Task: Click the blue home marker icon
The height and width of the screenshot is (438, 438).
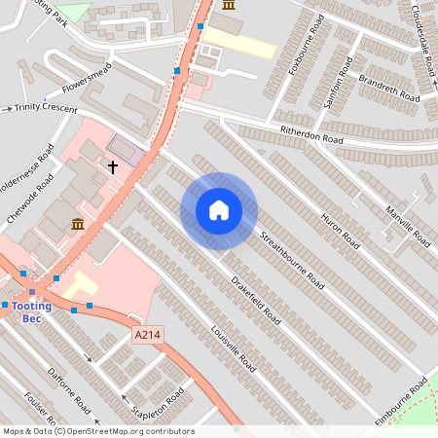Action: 218,210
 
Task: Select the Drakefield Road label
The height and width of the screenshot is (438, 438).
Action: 257,301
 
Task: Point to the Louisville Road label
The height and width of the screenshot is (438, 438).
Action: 234,348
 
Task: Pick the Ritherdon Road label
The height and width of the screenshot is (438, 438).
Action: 311,137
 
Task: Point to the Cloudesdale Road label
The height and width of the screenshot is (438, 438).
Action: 422,40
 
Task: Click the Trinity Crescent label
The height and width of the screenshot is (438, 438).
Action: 45,109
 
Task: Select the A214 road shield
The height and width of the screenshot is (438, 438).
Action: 146,335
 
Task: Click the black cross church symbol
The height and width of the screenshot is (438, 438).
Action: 112,167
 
